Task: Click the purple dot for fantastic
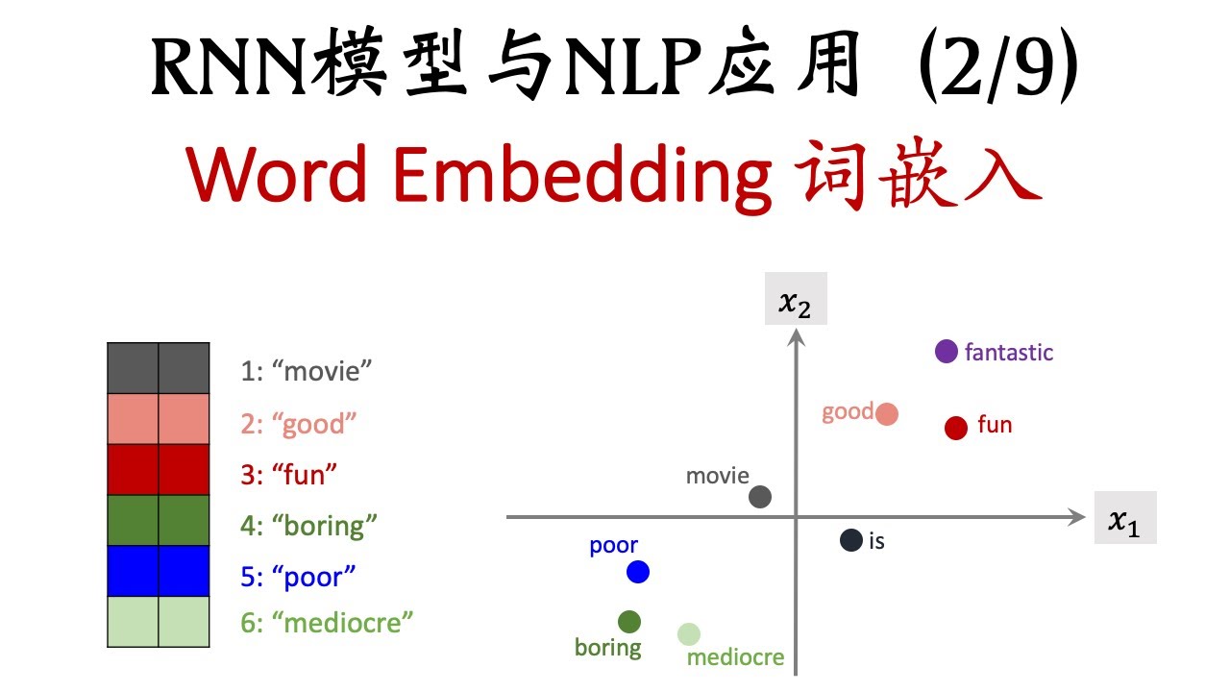(947, 352)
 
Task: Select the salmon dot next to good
(887, 414)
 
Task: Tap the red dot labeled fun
(955, 428)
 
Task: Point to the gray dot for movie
(759, 497)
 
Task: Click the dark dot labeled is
(850, 540)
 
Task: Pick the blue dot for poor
(638, 572)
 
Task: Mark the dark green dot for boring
(629, 622)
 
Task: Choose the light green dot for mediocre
(688, 634)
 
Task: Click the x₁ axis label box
(1124, 519)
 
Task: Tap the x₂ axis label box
(796, 302)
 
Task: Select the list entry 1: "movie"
(306, 371)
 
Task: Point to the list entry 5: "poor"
(298, 577)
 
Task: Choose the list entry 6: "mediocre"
(327, 623)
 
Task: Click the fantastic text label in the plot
(1008, 353)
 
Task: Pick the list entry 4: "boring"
(308, 526)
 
